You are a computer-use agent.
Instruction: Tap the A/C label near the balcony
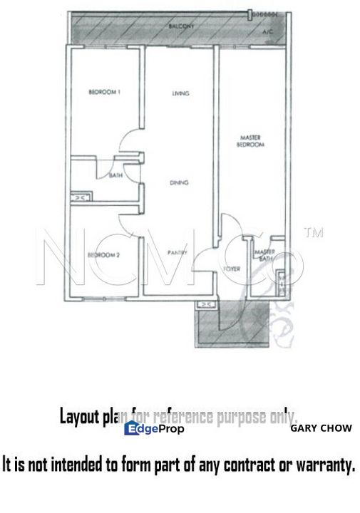[x=268, y=33]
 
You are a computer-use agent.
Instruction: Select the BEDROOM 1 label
[x=103, y=92]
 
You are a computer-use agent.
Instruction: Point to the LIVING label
[x=179, y=94]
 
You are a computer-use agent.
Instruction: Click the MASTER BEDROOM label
[x=251, y=141]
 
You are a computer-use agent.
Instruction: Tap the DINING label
[x=179, y=183]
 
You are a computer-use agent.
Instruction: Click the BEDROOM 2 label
[x=103, y=254]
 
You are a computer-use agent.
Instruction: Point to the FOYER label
[x=230, y=269]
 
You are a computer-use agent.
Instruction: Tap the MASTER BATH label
[x=265, y=255]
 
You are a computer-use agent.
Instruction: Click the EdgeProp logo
[x=154, y=428]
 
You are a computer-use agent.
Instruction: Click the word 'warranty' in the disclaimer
[x=320, y=467]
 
